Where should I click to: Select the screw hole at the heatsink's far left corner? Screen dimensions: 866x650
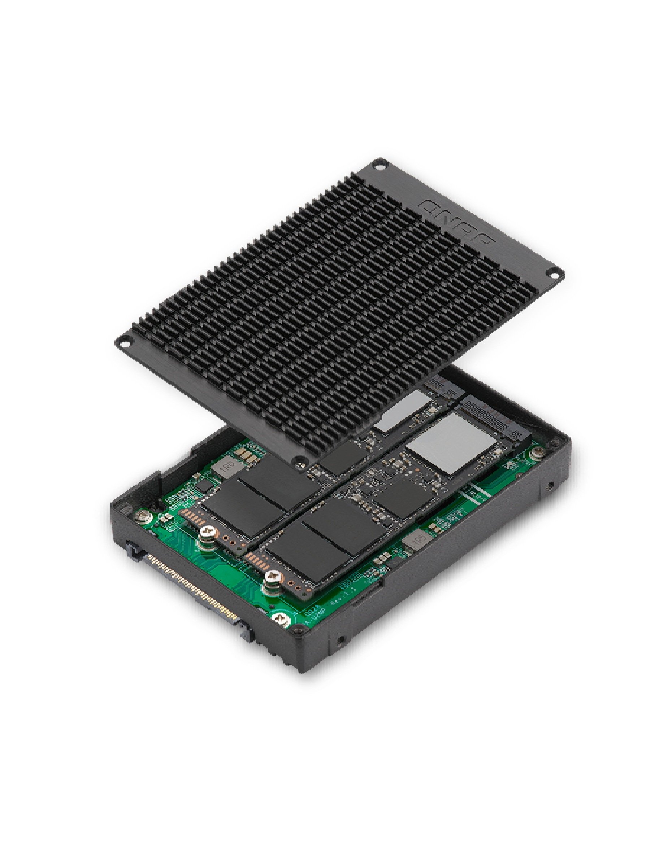(124, 340)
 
